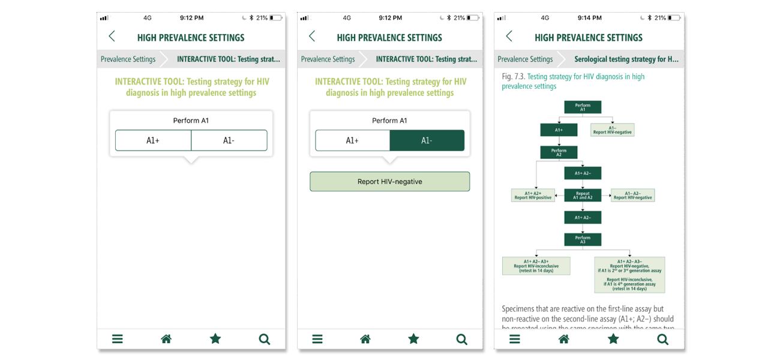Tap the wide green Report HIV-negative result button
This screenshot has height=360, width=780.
point(389,182)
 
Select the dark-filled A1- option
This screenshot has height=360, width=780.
point(427,140)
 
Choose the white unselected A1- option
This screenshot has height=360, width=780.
point(229,140)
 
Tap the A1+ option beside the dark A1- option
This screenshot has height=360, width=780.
point(352,140)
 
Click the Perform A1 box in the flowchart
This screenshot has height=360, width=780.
point(583,107)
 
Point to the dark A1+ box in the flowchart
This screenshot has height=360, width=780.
point(559,130)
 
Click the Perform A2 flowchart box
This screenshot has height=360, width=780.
point(559,152)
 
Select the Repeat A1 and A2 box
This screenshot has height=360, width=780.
point(583,195)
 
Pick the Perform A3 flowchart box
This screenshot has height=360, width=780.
point(583,239)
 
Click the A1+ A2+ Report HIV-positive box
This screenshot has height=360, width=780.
point(533,196)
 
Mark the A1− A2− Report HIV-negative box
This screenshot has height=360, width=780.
point(633,196)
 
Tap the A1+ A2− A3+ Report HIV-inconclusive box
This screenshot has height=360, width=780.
point(536,266)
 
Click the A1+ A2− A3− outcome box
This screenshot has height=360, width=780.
point(629,275)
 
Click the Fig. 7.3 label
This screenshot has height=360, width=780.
point(513,77)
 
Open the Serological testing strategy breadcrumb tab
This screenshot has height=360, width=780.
point(626,59)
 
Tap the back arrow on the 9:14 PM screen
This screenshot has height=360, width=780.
point(509,37)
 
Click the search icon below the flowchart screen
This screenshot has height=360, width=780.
point(662,339)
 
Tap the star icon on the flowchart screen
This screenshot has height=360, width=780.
point(613,339)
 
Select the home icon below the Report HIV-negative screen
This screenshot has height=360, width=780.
point(365,339)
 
